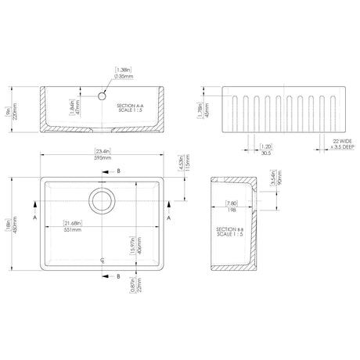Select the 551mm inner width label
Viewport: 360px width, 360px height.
(x=76, y=230)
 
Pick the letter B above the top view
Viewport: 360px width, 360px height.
(x=117, y=170)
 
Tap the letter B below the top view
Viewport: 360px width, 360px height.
(x=117, y=276)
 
